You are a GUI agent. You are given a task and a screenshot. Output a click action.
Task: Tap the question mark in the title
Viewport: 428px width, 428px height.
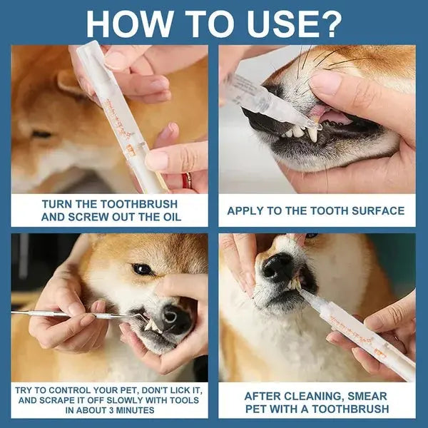coord(330,23)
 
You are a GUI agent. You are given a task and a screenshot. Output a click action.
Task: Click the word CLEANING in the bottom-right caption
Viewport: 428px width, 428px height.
coord(316,395)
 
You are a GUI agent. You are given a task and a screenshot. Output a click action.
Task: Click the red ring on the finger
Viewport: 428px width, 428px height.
coord(187,180)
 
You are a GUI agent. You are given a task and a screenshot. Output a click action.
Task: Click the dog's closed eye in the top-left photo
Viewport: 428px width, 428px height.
coord(41,133)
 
